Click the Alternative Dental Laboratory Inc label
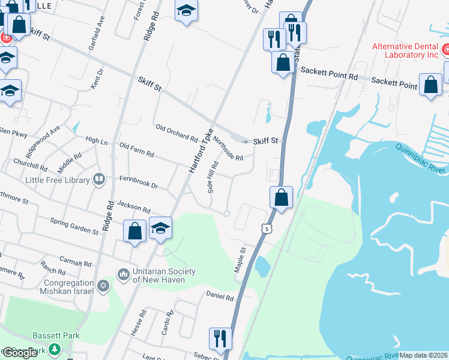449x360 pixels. coord(405,50)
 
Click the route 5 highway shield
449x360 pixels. coord(266,229)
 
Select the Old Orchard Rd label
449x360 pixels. coord(176,133)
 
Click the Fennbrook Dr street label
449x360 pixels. coord(138,183)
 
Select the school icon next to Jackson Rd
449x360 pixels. coord(160,228)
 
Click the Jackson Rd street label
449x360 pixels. coord(133,207)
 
